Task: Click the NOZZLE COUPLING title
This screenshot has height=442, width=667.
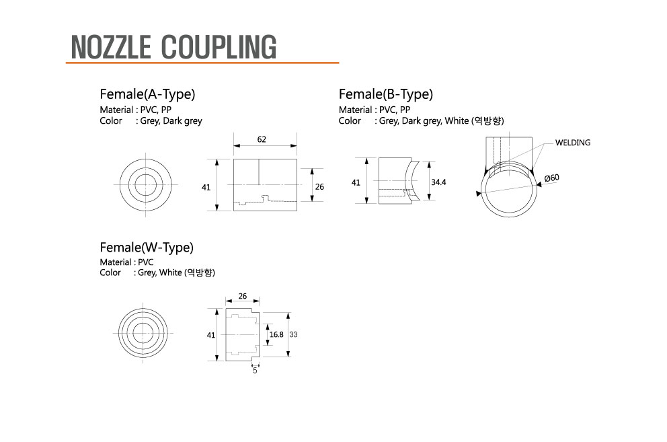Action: (x=173, y=46)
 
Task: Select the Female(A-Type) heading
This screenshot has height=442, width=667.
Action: (x=147, y=94)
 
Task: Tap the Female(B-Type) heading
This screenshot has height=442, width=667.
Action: (x=386, y=94)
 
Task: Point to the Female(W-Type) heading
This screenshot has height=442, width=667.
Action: (x=147, y=248)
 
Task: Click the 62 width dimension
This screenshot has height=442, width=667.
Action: (x=262, y=139)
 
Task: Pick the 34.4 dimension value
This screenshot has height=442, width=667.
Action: (x=438, y=182)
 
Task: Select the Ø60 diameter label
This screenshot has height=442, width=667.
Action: (x=552, y=178)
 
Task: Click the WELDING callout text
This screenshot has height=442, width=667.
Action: (x=573, y=143)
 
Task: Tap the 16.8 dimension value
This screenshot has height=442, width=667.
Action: (x=276, y=334)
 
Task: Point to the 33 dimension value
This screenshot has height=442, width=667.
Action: (x=294, y=334)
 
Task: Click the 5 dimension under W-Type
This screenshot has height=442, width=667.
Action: (x=255, y=371)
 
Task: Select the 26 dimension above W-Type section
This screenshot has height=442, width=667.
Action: (x=243, y=296)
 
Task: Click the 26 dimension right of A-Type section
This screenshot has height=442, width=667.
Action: (x=319, y=187)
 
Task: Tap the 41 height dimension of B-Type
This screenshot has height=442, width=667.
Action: (x=356, y=183)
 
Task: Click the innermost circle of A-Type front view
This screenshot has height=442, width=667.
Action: (x=146, y=174)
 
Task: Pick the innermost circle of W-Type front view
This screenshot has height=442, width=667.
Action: (x=143, y=323)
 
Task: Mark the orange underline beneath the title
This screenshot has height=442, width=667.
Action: (x=202, y=63)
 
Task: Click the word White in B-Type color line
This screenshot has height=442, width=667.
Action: (x=457, y=121)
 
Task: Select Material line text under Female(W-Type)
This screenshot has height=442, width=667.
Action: (x=126, y=262)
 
